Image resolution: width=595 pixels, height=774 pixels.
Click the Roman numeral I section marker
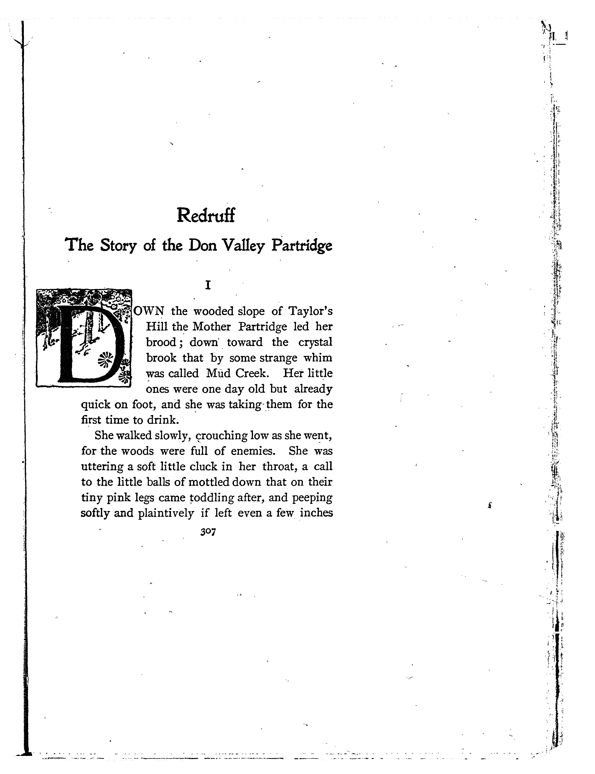pos(208,285)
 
